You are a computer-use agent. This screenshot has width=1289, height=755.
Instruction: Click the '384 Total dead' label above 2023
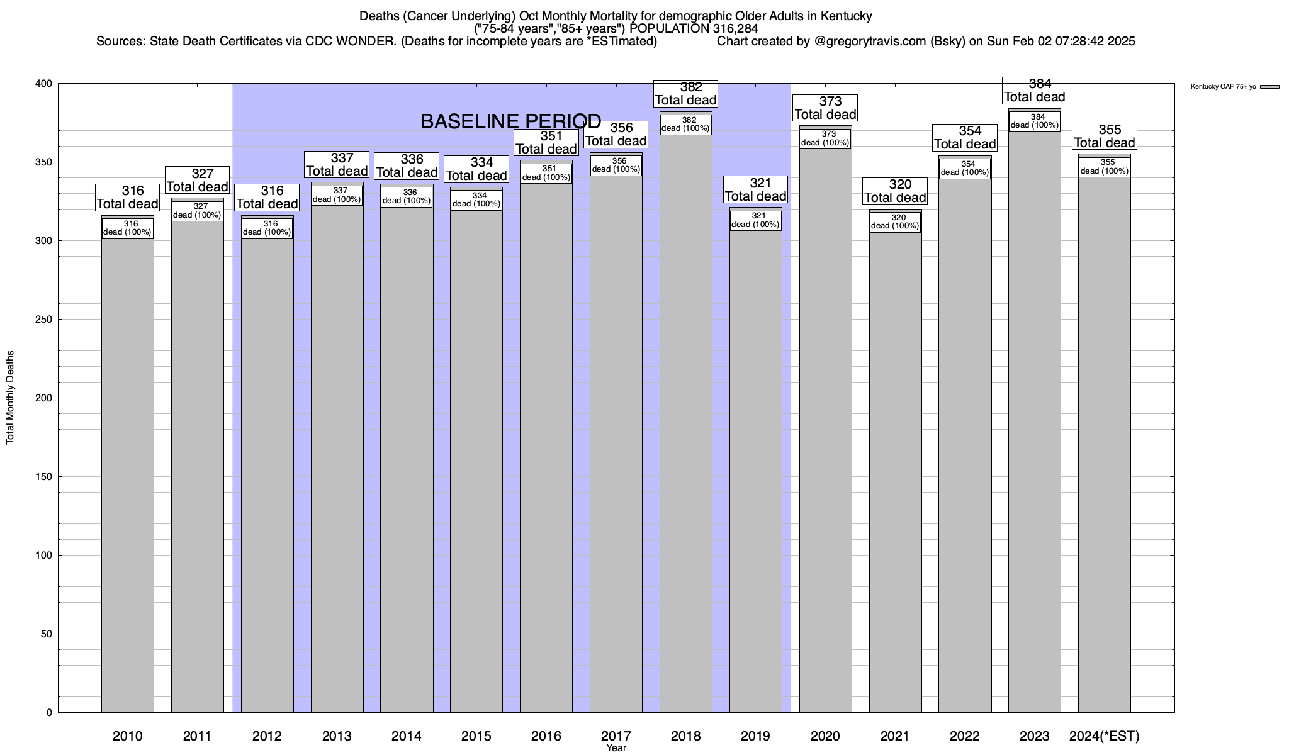coord(1034,91)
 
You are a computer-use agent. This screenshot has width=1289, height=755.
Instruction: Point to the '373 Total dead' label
coord(825,108)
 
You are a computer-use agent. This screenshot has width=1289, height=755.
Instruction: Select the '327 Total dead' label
coord(197,181)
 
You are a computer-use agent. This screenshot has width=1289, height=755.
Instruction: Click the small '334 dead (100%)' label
coord(476,200)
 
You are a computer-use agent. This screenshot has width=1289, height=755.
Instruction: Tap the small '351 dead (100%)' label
coord(546,173)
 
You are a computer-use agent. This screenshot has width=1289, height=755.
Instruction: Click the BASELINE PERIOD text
coord(510,121)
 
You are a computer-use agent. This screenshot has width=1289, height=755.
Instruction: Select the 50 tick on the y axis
coord(48,634)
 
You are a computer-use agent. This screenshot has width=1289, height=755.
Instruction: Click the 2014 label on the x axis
coord(407,736)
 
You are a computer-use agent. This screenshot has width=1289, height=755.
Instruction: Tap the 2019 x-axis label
coord(755,736)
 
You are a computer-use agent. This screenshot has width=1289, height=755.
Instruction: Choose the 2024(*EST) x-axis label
coord(1104,736)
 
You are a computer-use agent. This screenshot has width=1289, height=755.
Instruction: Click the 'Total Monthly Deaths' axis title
coord(10,398)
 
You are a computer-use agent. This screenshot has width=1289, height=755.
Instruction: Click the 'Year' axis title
coord(616,748)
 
